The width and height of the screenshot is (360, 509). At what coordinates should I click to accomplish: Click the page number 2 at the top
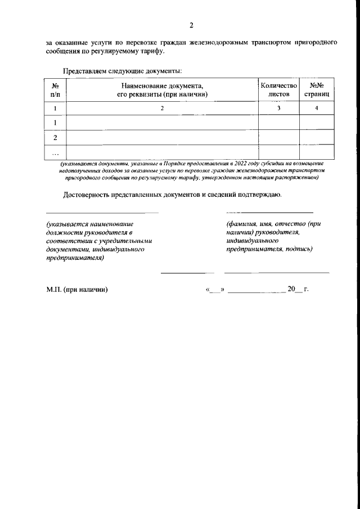[191, 25]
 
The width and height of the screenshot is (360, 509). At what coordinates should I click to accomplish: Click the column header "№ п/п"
[55, 90]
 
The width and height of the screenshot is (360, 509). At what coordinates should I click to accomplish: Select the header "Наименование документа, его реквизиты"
[162, 90]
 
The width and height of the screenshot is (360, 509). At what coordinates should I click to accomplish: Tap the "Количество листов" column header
[278, 90]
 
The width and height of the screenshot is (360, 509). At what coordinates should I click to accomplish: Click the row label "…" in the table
[55, 152]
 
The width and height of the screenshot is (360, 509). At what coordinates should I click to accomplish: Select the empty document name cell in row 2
[162, 137]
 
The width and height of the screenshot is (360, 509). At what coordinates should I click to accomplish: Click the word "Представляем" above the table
[85, 71]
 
